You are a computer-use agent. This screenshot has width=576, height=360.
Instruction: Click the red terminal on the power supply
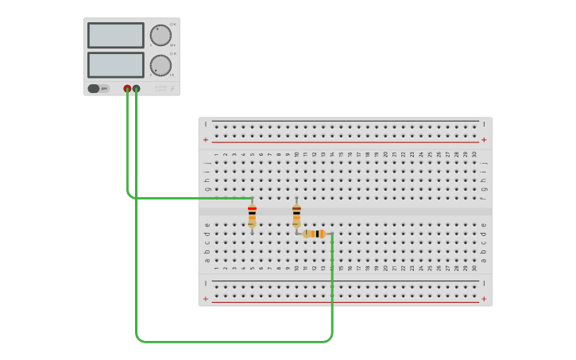click(127, 89)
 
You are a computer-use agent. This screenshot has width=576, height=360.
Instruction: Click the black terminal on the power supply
click(137, 89)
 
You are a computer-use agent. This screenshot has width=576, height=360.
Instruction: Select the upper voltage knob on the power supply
click(160, 35)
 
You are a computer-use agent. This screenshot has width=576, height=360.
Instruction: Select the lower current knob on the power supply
click(160, 65)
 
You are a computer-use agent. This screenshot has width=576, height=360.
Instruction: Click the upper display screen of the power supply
click(116, 35)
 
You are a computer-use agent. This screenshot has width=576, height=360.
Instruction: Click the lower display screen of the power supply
click(116, 64)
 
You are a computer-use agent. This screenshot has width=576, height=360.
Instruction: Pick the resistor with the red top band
click(252, 215)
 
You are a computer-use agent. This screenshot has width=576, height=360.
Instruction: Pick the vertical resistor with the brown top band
click(296, 215)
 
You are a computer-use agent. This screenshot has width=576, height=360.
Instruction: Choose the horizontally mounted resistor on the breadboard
click(315, 234)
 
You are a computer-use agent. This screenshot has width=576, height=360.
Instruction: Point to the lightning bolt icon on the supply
click(172, 88)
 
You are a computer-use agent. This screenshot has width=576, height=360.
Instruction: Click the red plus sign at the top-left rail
click(206, 140)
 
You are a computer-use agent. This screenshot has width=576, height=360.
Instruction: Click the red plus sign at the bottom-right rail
click(484, 300)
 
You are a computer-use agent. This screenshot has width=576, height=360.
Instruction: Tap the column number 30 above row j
click(474, 154)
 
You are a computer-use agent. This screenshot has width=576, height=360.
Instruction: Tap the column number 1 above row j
click(216, 154)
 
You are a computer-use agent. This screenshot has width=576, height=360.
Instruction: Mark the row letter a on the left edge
click(207, 260)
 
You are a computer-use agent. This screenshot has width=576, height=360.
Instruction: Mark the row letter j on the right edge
click(484, 163)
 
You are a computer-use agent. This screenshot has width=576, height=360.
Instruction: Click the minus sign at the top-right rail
click(484, 124)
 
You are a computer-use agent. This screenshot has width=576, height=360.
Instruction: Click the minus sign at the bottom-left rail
click(206, 284)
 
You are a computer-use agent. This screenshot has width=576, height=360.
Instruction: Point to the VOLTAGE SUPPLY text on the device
click(160, 88)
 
